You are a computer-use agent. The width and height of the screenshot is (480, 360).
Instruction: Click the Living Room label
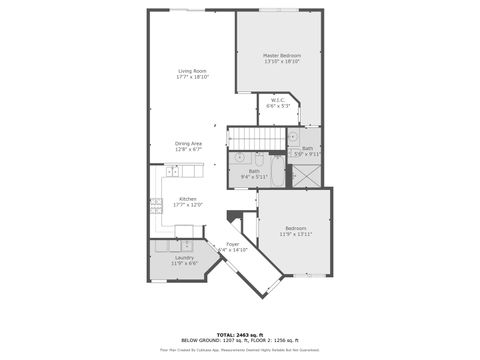[192, 71]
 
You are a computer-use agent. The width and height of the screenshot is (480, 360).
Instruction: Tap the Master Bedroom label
[283, 55]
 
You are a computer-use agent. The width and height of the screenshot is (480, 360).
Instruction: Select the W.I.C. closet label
[279, 99]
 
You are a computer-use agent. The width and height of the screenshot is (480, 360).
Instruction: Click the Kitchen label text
[188, 198]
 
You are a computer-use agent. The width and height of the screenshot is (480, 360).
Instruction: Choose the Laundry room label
[184, 257]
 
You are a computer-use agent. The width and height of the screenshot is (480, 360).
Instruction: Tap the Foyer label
[232, 244]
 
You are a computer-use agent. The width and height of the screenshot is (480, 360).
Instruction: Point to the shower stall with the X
[304, 176]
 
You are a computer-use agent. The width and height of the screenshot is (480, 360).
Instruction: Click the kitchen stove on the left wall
[157, 208]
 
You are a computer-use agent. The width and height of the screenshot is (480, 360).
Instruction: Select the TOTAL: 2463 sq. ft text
[240, 334]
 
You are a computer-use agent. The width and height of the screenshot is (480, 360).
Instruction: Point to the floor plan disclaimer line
[240, 349]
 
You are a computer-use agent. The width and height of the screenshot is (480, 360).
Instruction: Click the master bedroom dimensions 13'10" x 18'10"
[283, 62]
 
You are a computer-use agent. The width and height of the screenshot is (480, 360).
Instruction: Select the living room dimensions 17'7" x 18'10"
[192, 77]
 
